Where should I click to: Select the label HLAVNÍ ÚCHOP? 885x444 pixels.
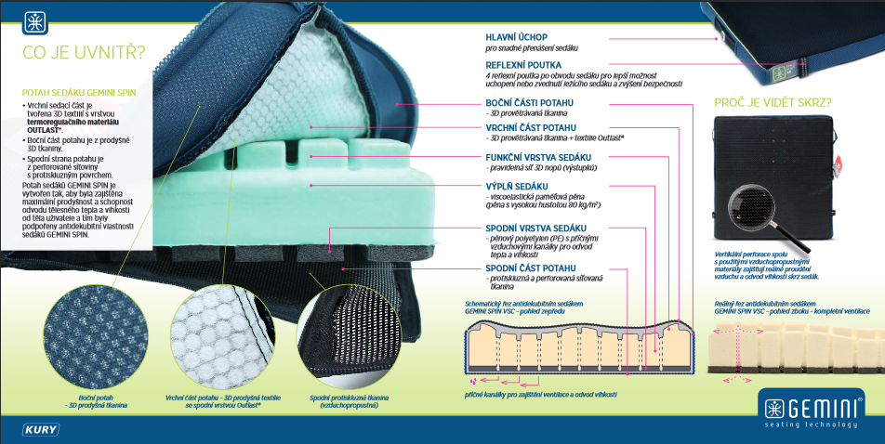click(x=516, y=36)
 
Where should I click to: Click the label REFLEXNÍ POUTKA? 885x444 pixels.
click(x=522, y=64)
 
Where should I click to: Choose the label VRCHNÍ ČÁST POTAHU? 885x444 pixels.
click(x=530, y=127)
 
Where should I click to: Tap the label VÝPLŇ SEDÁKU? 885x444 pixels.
click(x=517, y=187)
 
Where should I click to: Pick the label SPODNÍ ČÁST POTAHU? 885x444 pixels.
click(x=530, y=268)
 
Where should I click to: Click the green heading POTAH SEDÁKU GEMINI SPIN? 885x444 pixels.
click(x=80, y=93)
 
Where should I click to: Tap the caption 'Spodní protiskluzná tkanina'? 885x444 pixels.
click(x=350, y=401)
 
